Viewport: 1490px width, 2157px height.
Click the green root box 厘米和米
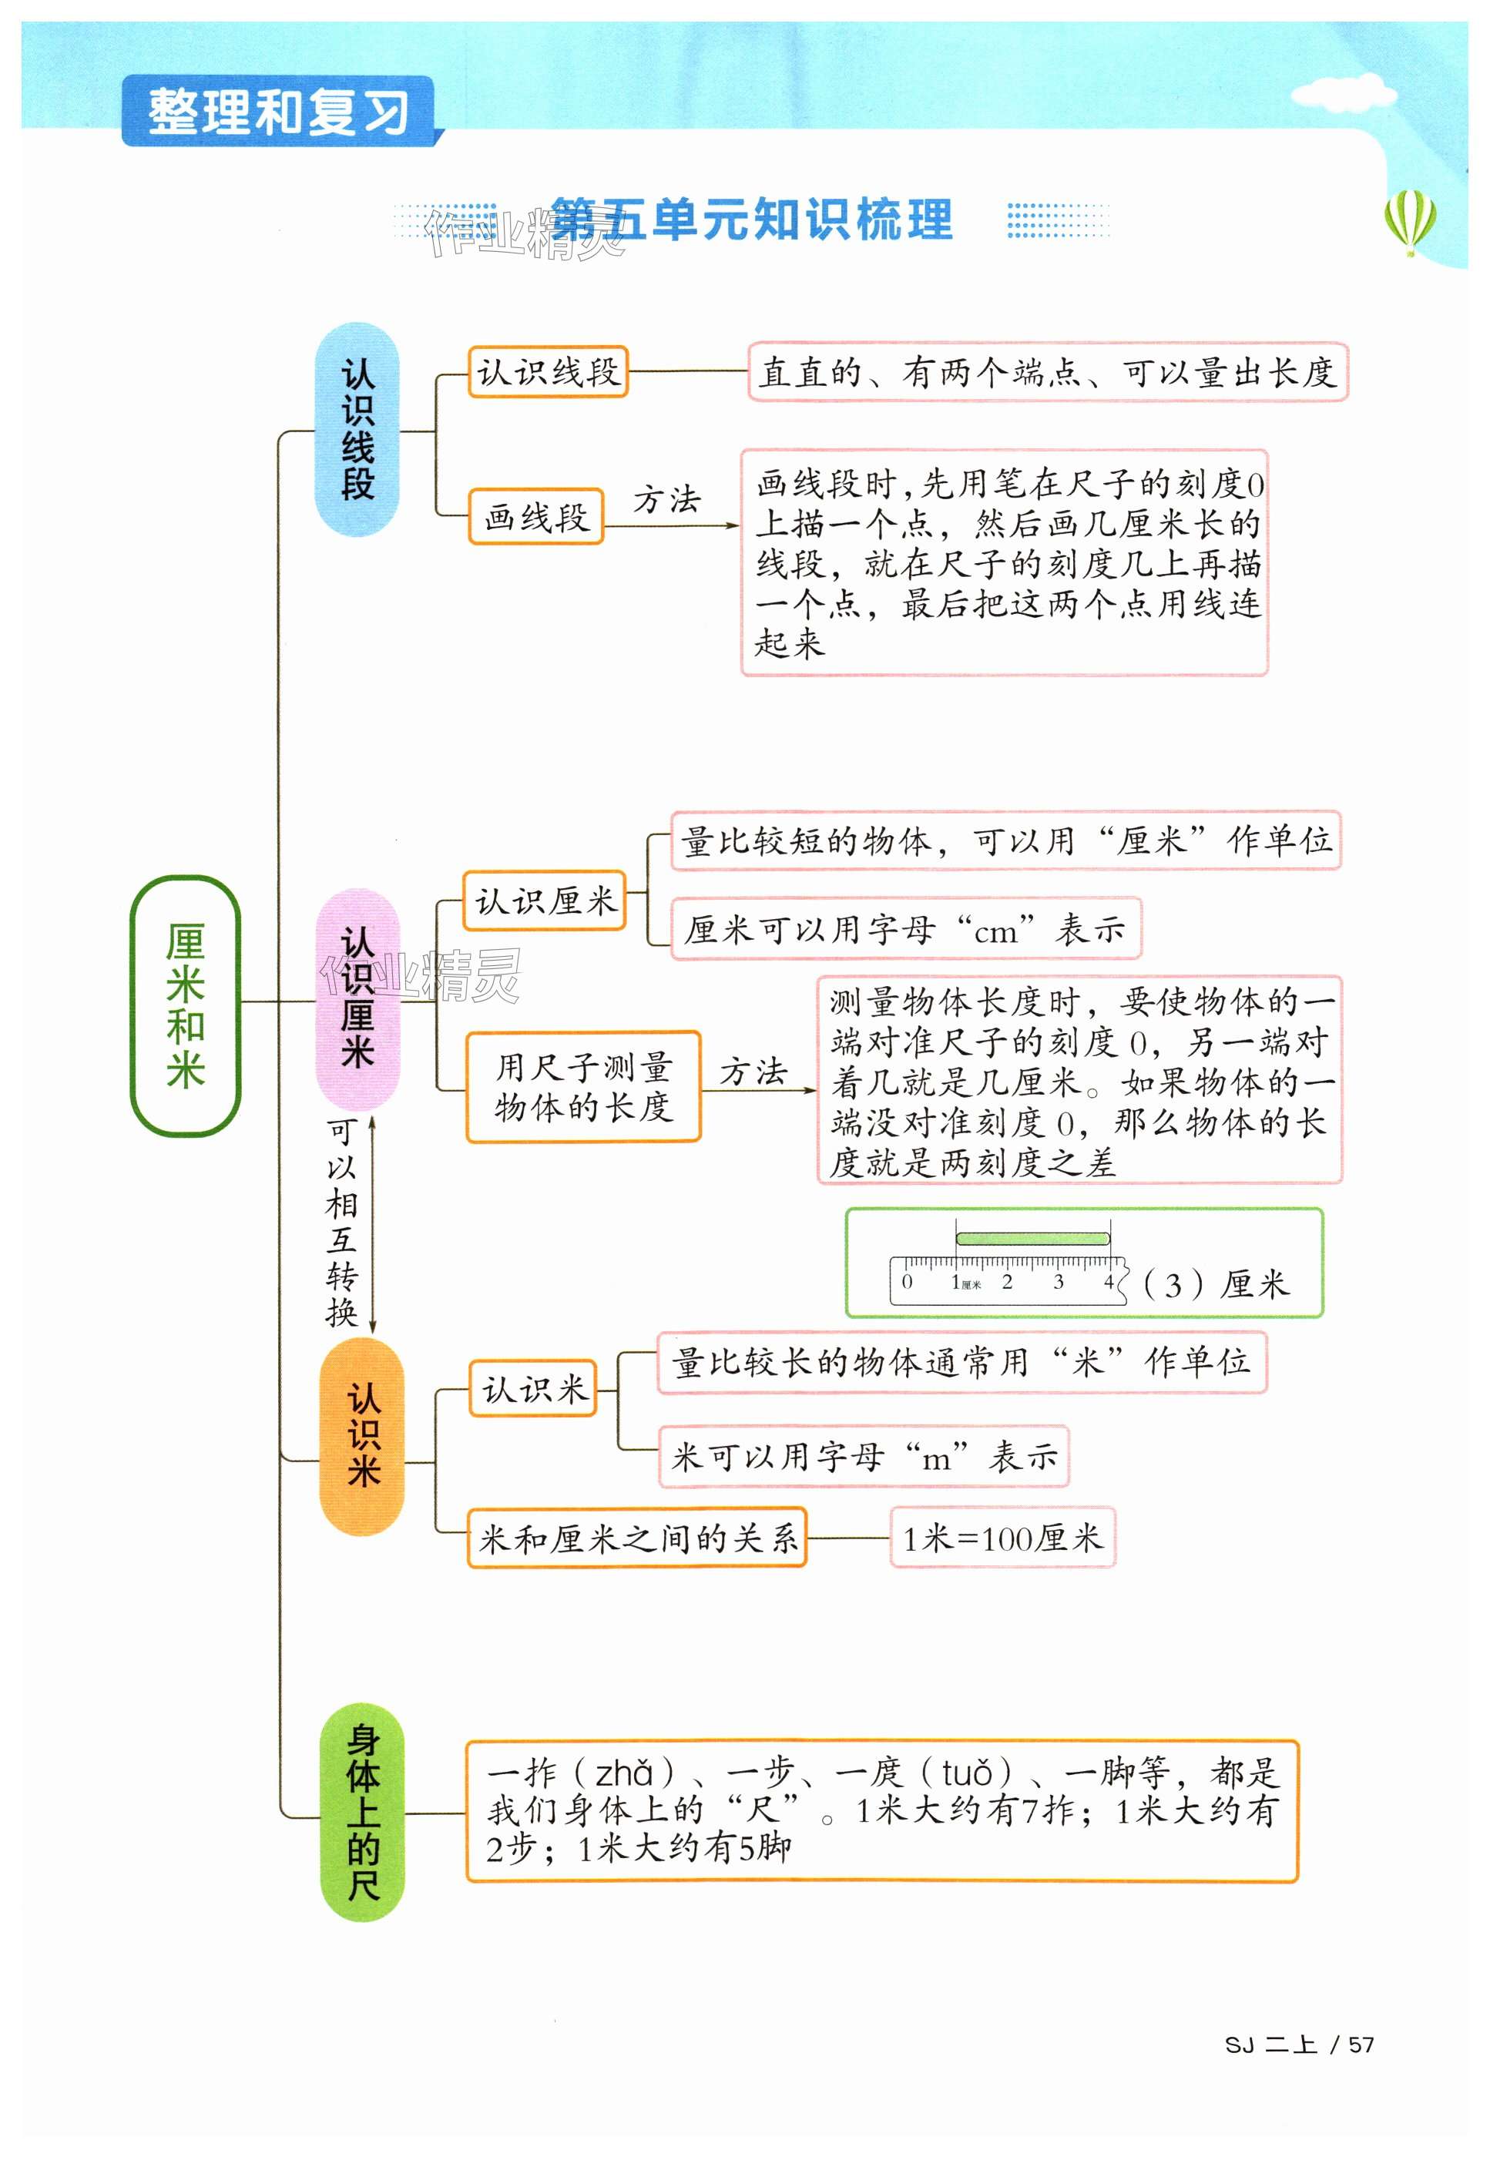(x=185, y=1005)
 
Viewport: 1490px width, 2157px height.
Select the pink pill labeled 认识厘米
(x=357, y=998)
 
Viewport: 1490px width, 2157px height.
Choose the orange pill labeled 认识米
(x=362, y=1435)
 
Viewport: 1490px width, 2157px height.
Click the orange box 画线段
(x=536, y=516)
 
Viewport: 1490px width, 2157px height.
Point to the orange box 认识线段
(x=548, y=372)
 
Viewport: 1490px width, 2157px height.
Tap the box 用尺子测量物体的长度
(x=582, y=1086)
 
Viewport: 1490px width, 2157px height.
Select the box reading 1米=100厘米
(x=1002, y=1537)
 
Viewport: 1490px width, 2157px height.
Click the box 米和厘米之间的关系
(x=636, y=1537)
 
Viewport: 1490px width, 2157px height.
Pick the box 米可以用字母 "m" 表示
(x=863, y=1456)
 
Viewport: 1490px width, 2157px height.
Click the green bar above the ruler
(x=1032, y=1239)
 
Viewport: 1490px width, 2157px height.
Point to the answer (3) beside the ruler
(x=1173, y=1285)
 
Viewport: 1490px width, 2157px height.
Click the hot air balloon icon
(x=1410, y=221)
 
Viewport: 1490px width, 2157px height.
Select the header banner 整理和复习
(x=278, y=112)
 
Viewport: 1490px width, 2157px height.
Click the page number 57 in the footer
(x=1361, y=2044)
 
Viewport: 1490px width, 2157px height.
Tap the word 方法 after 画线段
(x=666, y=499)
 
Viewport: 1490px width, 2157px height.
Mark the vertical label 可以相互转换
(x=342, y=1223)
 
